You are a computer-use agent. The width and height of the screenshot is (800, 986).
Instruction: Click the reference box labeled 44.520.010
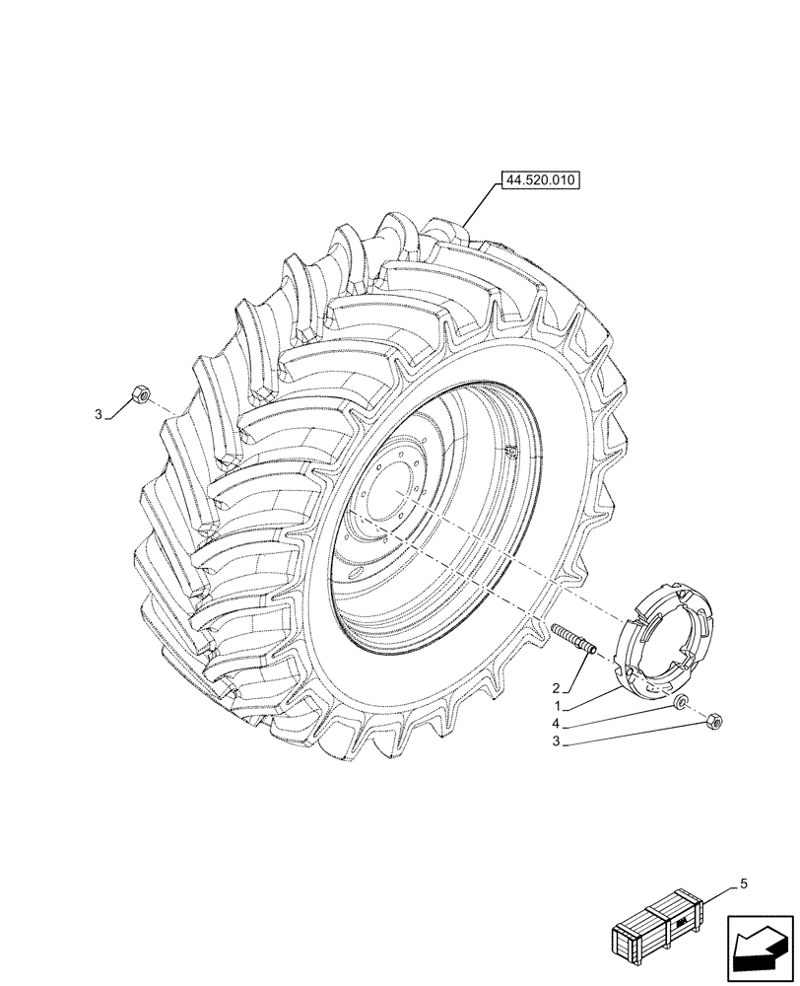point(542,180)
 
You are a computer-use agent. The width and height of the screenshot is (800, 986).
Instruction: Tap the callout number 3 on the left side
point(99,416)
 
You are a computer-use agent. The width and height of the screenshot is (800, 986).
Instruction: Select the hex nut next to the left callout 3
point(140,396)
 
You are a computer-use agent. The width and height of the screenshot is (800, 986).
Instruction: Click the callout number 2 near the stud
point(557,687)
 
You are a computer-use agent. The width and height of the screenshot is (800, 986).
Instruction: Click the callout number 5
point(743,883)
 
